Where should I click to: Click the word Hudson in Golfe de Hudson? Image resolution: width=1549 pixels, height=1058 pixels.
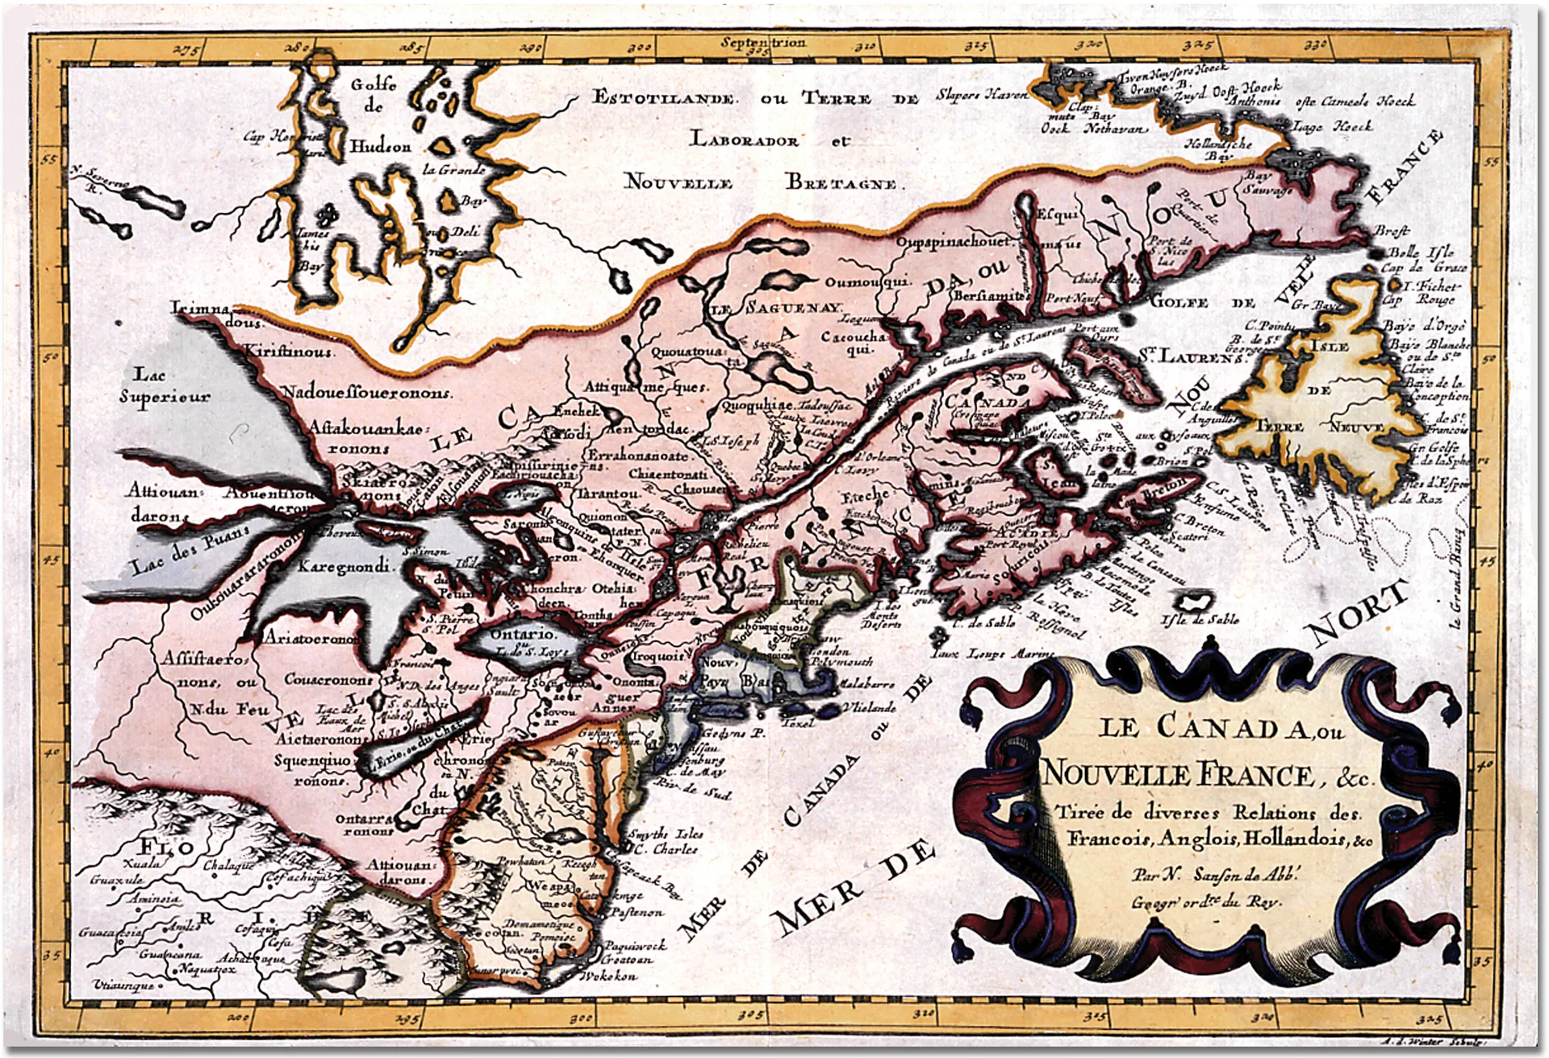tap(381, 147)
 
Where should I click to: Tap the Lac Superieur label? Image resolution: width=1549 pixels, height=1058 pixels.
tap(165, 385)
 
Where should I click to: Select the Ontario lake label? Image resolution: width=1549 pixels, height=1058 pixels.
tap(522, 635)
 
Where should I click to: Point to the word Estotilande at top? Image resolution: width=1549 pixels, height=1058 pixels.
tap(664, 98)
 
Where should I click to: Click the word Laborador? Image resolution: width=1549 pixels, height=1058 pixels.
tap(744, 140)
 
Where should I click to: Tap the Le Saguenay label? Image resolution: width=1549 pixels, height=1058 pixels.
tap(776, 308)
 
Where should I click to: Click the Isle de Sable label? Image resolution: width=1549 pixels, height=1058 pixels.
tap(1200, 619)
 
